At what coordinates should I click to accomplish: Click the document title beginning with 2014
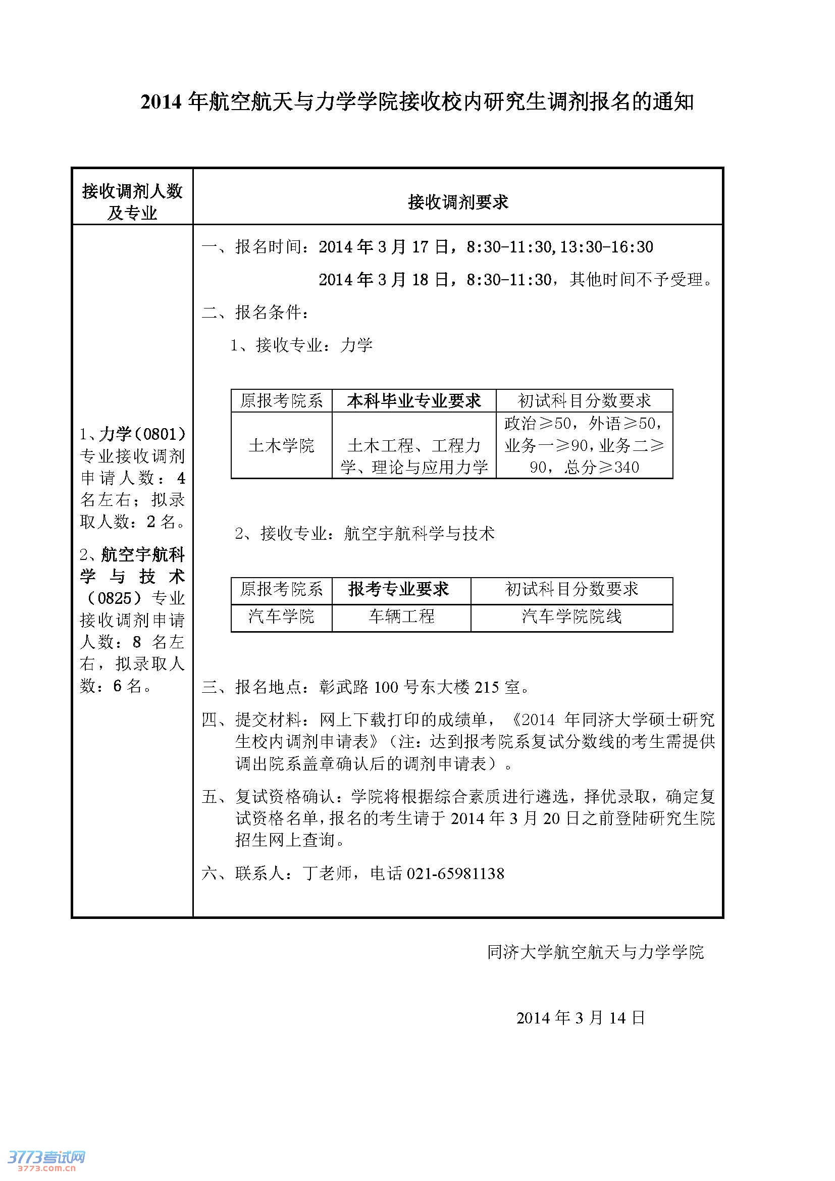pos(417,102)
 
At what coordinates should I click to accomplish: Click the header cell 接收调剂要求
pos(457,202)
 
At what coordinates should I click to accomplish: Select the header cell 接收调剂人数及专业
pos(132,201)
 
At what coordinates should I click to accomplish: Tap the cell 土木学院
pos(281,445)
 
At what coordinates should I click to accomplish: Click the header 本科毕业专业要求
pos(413,401)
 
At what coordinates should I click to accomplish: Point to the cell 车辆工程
pos(401,615)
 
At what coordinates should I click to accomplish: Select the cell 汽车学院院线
pos(571,615)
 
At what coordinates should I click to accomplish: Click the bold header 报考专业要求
pos(398,589)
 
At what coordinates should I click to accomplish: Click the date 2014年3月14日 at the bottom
pos(580,1017)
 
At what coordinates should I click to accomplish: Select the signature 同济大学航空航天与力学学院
pos(595,952)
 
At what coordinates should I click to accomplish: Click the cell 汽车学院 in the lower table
pos(281,615)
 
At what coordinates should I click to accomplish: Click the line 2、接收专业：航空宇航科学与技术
pos(364,533)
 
